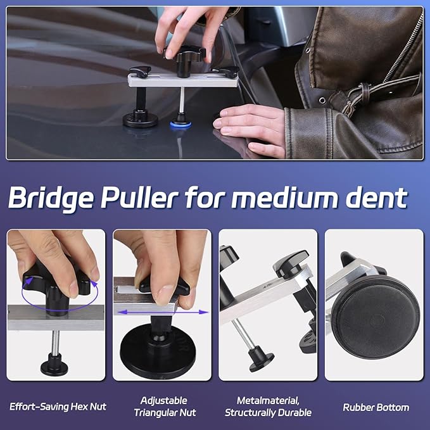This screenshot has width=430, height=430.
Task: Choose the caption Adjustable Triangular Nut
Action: (165, 407)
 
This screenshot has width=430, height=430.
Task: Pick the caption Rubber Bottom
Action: (376, 407)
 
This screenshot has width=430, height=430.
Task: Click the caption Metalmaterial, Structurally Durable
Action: (268, 407)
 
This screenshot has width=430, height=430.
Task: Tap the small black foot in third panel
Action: (260, 360)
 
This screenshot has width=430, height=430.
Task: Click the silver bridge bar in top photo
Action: (184, 80)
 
